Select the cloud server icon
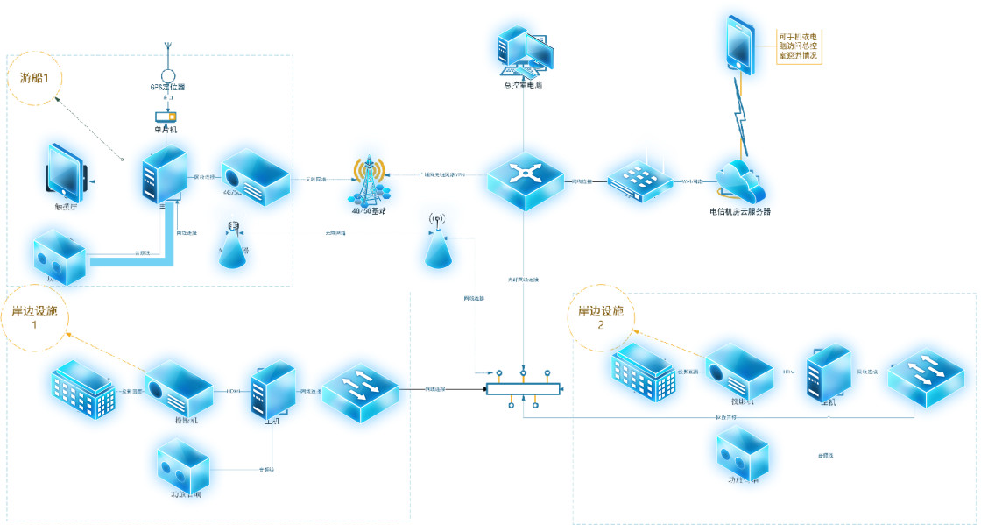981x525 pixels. click(x=739, y=181)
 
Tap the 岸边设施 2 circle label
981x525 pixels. click(x=601, y=317)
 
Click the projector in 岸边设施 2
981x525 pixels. click(x=738, y=372)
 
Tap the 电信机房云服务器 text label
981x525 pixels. click(x=745, y=211)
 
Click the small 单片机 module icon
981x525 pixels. click(x=166, y=117)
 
